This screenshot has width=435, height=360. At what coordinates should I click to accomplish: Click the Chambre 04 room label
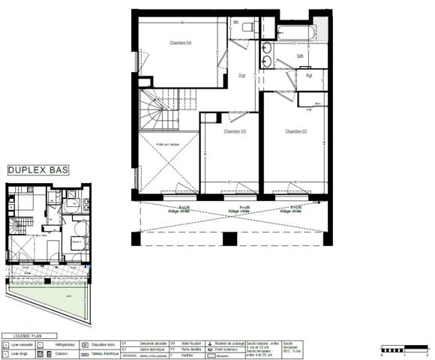(x=180, y=43)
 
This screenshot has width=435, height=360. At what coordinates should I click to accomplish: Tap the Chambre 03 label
(x=235, y=131)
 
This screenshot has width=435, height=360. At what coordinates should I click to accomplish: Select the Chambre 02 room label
(x=297, y=131)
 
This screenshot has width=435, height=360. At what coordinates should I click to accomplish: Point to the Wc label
(x=236, y=22)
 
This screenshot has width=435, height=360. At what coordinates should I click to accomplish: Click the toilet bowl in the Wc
(x=253, y=25)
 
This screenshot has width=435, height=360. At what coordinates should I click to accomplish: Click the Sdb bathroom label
(x=299, y=56)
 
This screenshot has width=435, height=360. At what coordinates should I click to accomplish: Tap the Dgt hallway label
(x=242, y=75)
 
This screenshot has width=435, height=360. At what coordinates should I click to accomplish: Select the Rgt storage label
(x=308, y=75)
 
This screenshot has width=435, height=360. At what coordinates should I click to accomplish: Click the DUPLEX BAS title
(x=37, y=171)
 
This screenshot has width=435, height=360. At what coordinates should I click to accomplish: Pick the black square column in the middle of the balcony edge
(x=230, y=239)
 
